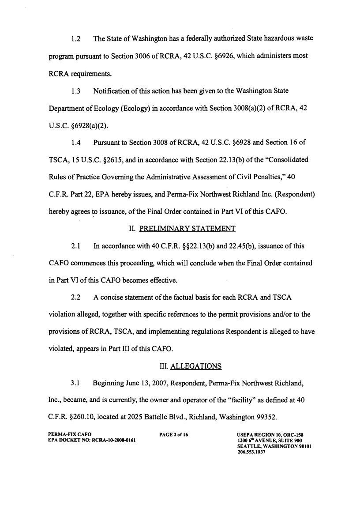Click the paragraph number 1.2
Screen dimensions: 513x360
[75, 39]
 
